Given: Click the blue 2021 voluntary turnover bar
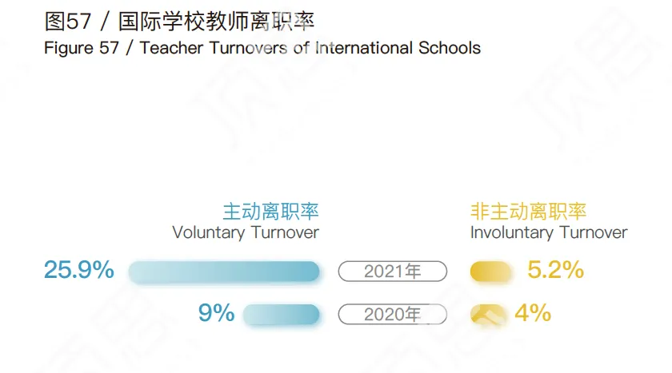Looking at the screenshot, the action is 224,272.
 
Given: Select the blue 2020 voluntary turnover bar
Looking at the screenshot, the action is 281,315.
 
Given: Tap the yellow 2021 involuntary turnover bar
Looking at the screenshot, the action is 490,272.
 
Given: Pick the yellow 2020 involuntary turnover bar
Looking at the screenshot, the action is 488,315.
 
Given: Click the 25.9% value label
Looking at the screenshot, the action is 79,270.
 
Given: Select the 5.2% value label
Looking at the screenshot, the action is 555,270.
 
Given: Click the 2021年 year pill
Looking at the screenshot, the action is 393,272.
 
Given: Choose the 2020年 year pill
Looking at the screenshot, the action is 393,315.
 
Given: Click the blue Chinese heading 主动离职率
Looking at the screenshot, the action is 271,212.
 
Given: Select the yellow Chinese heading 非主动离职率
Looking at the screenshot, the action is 529,212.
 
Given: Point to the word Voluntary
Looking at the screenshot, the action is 209,232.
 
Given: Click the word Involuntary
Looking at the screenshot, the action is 512,232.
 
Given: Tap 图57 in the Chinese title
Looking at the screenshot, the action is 68,22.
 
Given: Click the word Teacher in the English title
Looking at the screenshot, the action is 171,48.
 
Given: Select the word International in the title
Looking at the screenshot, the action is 364,48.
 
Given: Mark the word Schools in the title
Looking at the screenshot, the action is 450,48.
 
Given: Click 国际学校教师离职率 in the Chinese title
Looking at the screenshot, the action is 217,22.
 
